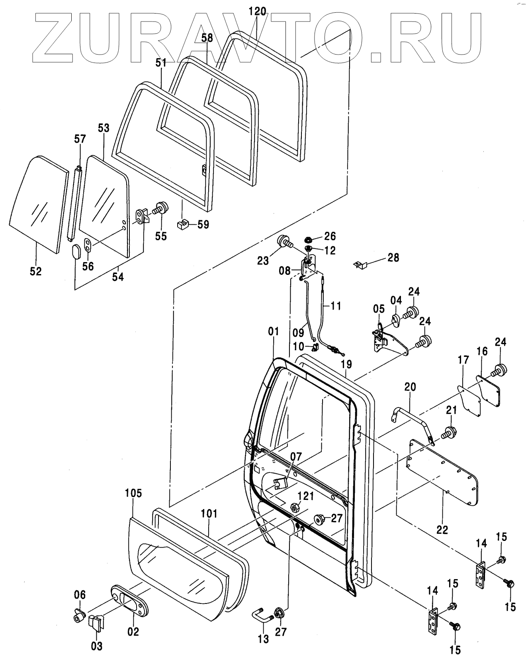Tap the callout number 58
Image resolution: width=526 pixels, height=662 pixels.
point(207,38)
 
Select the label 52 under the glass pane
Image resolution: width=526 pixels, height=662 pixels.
point(35,271)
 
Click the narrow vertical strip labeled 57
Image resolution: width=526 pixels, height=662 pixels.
point(74,204)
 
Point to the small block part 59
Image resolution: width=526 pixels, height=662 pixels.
point(183,224)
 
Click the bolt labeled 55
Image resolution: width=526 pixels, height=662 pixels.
point(161,209)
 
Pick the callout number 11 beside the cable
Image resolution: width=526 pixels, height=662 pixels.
point(336,306)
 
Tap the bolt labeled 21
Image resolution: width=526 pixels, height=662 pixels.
point(448,432)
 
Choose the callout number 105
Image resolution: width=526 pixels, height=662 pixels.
point(133,493)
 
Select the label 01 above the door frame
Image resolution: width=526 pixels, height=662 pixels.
point(274,331)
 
